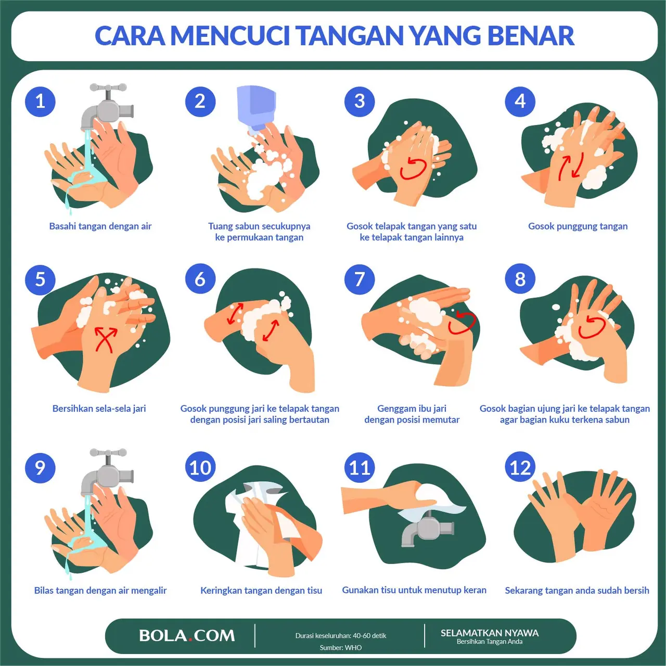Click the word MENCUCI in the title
tap(230, 36)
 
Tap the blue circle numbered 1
tap(40, 101)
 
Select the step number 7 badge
tap(360, 279)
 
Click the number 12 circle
tap(520, 467)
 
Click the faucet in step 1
tap(107, 107)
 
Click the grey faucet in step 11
tap(427, 528)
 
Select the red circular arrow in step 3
tap(413, 168)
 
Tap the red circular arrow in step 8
tap(592, 326)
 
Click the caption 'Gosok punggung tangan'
tap(578, 226)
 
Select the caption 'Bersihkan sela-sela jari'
tap(99, 408)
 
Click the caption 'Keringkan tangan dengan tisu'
tap(261, 591)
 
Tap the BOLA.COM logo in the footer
tap(187, 635)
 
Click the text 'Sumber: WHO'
tap(341, 648)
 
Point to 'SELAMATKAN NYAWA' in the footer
tap(490, 633)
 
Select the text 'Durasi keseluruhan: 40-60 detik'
tap(341, 636)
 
